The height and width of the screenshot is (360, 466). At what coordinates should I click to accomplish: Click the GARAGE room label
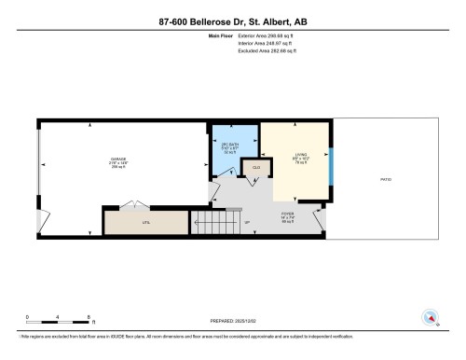pos(119,160)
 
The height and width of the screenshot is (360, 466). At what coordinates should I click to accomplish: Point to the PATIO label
pos(385,179)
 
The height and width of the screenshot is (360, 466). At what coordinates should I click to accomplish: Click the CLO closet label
pos(254,168)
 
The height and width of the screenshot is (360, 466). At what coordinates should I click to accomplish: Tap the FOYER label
pos(288,216)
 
